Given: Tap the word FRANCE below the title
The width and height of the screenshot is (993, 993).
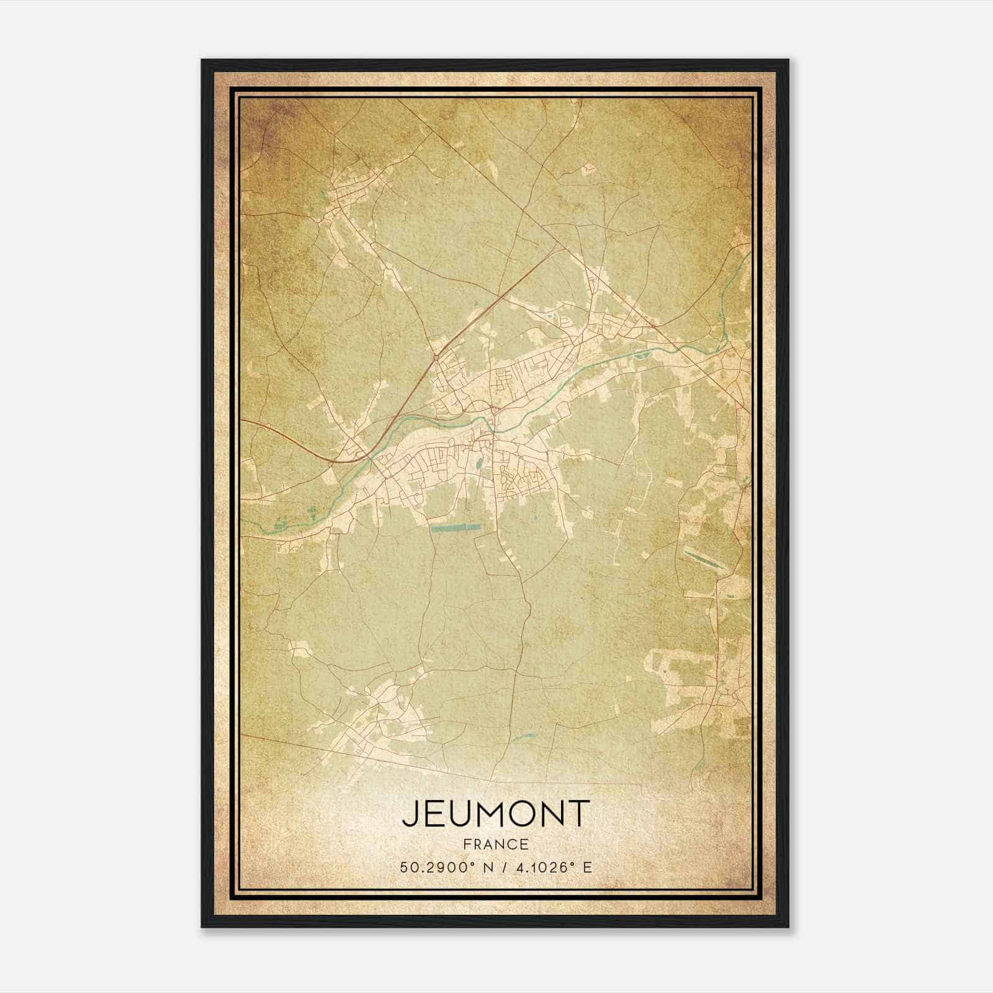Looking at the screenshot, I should coord(495,845).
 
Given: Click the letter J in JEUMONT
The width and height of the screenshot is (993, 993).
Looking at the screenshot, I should coord(410,814).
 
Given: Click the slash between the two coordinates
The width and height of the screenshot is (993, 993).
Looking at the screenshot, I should coord(500,867).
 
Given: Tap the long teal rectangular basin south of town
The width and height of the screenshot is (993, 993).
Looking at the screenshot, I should coord(456,528).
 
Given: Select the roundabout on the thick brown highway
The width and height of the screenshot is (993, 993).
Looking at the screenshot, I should coord(437,358).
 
